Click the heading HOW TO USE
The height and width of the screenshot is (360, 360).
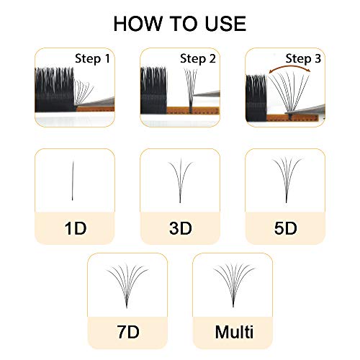(x=179, y=23)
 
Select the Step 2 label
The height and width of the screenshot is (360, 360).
(x=197, y=58)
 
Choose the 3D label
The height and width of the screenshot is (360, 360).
(x=179, y=229)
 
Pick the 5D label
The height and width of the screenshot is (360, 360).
(x=285, y=229)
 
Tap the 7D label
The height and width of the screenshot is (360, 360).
(x=127, y=333)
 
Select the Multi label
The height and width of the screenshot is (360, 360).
(x=232, y=333)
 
